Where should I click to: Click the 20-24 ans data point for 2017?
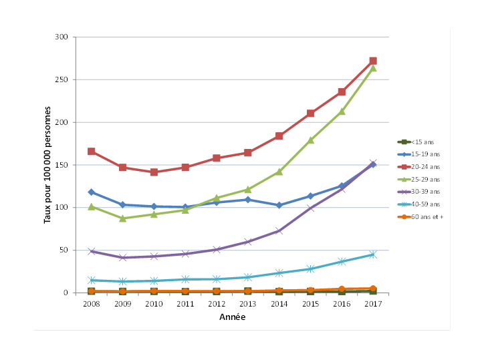pyautogui.click(x=373, y=61)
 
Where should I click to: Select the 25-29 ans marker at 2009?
pyautogui.click(x=122, y=218)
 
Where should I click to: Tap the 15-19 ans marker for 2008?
pyautogui.click(x=91, y=192)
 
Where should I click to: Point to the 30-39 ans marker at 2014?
pyautogui.click(x=279, y=231)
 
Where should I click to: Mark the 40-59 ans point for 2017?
pyautogui.click(x=373, y=254)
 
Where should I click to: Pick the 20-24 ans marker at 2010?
pyautogui.click(x=154, y=172)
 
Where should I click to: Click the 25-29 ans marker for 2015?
pyautogui.click(x=310, y=140)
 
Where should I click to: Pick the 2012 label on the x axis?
pyautogui.click(x=217, y=304)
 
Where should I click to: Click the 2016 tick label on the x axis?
pyautogui.click(x=342, y=304)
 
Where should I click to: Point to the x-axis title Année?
pyautogui.click(x=232, y=317)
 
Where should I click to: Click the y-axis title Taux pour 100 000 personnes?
pyautogui.click(x=47, y=165)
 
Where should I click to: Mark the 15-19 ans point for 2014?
pyautogui.click(x=279, y=205)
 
